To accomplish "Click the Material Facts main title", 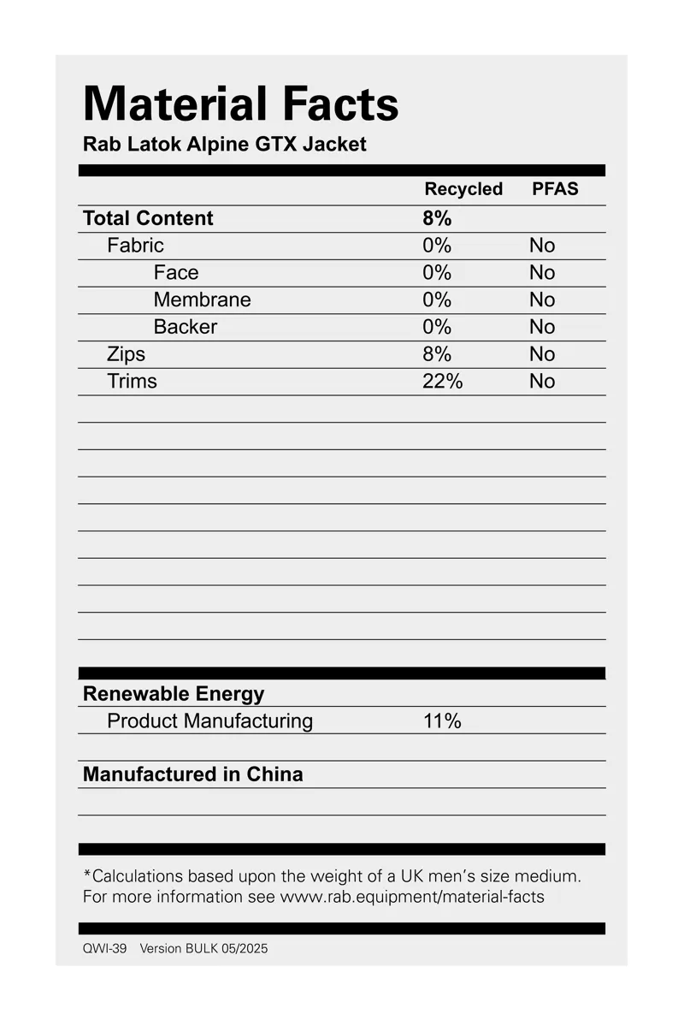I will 240,104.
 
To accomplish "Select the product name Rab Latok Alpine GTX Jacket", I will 224,144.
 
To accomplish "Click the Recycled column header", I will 463,189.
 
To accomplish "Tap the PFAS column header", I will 555,189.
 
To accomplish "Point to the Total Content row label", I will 148,218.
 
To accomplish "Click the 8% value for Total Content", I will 437,218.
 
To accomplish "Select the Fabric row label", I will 135,246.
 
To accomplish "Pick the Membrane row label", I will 202,299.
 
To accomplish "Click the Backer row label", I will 185,327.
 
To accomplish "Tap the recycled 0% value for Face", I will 436,273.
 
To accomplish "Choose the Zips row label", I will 126,354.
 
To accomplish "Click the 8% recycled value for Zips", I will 436,354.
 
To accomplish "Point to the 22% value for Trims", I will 442,382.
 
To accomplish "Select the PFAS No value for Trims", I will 541,382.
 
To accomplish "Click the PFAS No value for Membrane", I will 541,299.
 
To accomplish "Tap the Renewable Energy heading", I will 174,693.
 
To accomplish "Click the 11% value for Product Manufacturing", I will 442,721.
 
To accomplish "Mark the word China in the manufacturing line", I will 274,774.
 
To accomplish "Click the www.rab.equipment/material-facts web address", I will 412,897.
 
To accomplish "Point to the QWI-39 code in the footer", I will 104,948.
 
